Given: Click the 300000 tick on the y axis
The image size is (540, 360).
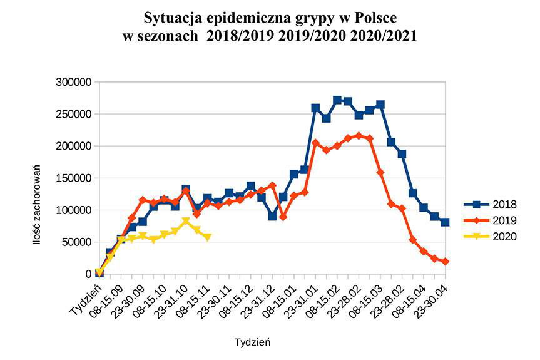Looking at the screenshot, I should [73, 82].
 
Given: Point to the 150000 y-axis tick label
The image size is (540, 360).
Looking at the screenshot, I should [73, 178].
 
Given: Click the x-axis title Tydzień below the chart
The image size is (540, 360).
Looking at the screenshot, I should [253, 342].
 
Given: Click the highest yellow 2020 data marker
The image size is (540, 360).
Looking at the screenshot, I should [186, 221].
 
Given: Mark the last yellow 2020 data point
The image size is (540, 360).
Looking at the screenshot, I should [207, 237].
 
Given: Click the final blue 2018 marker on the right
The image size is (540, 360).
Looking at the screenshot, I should [445, 222].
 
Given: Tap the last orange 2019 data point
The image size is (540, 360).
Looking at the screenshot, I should [445, 262].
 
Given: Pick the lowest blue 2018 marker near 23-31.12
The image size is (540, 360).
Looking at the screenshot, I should [272, 216].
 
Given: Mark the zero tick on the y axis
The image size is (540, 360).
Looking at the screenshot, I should [89, 274].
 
